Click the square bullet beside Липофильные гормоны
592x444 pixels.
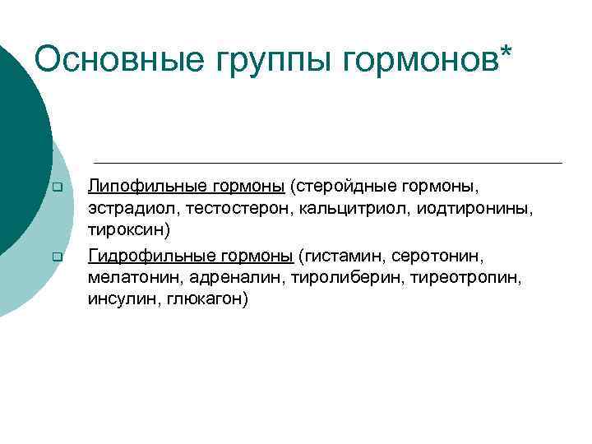(57, 189)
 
